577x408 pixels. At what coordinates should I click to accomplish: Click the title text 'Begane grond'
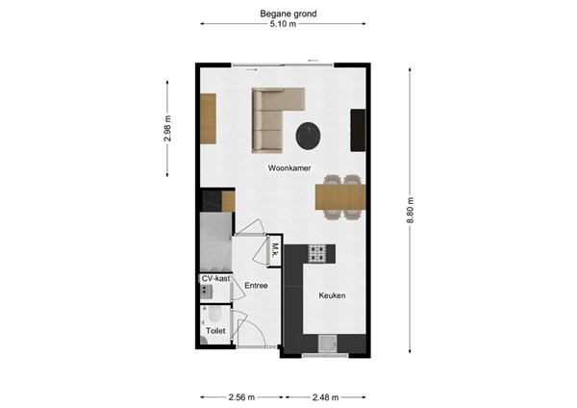pyautogui.click(x=288, y=14)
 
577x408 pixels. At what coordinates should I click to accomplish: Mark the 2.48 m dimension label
pyautogui.click(x=325, y=395)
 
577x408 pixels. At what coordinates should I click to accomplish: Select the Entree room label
pyautogui.click(x=256, y=286)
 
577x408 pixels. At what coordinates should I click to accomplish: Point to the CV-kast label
pyautogui.click(x=215, y=279)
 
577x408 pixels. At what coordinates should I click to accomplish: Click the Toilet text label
pyautogui.click(x=215, y=330)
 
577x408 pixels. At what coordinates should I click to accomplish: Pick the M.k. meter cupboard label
pyautogui.click(x=274, y=249)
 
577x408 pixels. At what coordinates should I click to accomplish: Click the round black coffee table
pyautogui.click(x=308, y=136)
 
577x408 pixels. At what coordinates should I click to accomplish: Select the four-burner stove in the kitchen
pyautogui.click(x=318, y=253)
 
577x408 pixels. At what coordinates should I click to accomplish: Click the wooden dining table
pyautogui.click(x=340, y=198)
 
